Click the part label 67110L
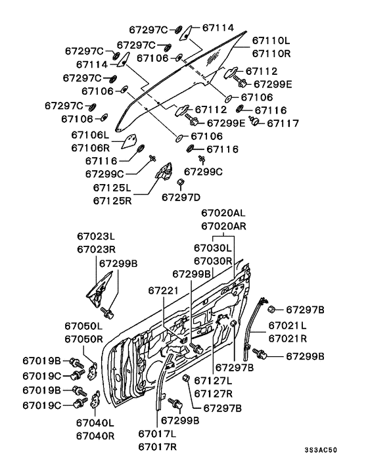tap(271, 41)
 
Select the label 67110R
tap(271, 53)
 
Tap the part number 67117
tap(283, 123)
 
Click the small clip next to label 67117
tap(254, 120)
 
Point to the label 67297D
tap(181, 197)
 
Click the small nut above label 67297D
tap(181, 182)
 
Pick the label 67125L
tap(112, 187)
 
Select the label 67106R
tap(90, 148)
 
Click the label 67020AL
tap(223, 213)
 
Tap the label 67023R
tap(96, 249)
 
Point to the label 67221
tap(163, 290)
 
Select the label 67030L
tap(213, 248)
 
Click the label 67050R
tap(83, 339)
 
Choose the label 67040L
tap(95, 423)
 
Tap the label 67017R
tap(157, 447)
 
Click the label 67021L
tap(288, 325)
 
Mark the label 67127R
tap(214, 394)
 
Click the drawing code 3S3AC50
tap(321, 450)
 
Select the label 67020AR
tap(223, 226)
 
